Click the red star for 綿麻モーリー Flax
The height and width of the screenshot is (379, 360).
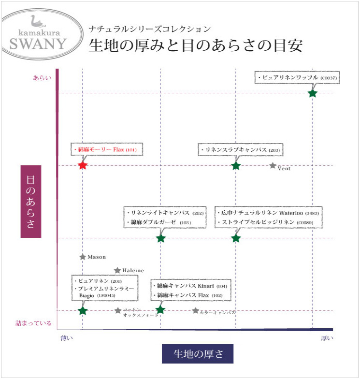tap(83, 165)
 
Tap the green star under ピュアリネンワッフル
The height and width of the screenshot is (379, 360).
tap(312, 93)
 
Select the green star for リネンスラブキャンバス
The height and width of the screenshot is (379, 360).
tap(235, 166)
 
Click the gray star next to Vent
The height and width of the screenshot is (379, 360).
tap(273, 166)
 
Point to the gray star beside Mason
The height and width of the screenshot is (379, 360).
tap(83, 257)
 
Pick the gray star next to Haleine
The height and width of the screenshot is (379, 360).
tap(117, 270)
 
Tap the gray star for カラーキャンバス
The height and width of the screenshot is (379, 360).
tap(196, 311)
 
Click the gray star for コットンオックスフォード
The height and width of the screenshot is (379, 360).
tap(118, 310)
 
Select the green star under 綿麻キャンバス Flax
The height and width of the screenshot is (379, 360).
tap(160, 310)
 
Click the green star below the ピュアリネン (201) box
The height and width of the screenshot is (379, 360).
tap(83, 310)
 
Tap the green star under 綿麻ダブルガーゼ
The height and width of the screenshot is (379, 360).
tap(161, 238)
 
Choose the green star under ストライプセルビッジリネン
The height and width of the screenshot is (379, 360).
tap(235, 238)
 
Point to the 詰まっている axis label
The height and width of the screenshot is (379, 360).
tap(33, 323)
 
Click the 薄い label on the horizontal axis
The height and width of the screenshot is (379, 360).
tap(67, 338)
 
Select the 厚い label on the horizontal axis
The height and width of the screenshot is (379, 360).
tap(327, 338)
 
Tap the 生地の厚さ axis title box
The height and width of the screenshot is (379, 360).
tap(197, 353)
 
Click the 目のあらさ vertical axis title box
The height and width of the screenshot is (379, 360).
tap(31, 201)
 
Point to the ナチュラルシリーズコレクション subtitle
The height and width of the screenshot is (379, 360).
tap(150, 29)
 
